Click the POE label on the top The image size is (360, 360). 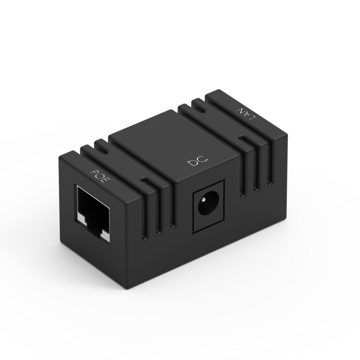tap(101, 177)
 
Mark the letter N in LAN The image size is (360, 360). tap(239, 110)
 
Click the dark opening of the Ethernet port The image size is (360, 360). tap(92, 207)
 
